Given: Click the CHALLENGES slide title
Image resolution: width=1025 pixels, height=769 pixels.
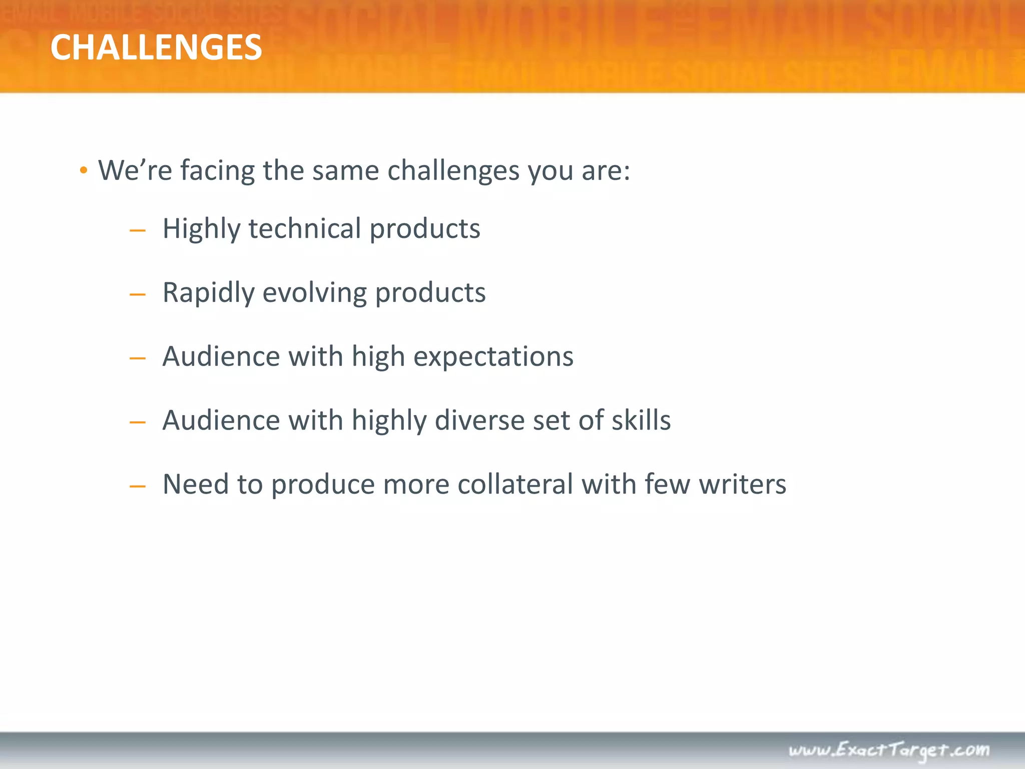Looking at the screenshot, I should coord(156,48).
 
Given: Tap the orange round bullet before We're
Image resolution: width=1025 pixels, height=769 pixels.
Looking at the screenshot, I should coord(84,171).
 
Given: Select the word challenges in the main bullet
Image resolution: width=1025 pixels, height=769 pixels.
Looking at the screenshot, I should coord(453,171).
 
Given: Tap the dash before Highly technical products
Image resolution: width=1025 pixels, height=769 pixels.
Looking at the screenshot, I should coord(137,231).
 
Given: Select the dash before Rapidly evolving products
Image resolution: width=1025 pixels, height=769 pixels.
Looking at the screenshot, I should coord(137,295).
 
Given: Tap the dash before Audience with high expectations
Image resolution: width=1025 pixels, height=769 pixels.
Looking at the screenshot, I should coord(137,358).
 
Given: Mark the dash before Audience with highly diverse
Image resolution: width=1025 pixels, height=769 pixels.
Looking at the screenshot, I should coord(137,423).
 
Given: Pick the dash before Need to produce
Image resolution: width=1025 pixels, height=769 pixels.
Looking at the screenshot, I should coord(137,486).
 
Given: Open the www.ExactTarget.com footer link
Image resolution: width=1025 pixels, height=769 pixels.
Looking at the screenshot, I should coord(889,750).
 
